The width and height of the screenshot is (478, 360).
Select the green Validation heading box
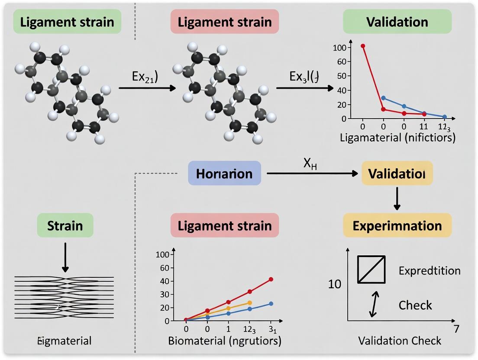coord(397,22)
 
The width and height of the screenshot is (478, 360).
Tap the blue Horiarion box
coord(224,174)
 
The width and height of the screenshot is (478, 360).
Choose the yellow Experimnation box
coord(397,225)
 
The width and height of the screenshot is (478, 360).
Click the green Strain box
coord(65,225)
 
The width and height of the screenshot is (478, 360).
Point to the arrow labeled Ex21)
coord(147,88)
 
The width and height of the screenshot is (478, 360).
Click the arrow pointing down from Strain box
coord(65,257)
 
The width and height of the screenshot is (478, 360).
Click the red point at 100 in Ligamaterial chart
coord(363,46)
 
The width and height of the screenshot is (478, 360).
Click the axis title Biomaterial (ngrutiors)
coord(225,341)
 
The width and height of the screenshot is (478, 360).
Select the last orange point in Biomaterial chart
coord(249,303)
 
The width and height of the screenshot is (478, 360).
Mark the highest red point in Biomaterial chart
coord(271,279)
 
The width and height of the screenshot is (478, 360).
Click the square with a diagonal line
coord(371,269)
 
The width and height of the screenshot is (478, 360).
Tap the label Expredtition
coord(429,271)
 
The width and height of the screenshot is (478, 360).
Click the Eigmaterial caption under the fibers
coord(65,341)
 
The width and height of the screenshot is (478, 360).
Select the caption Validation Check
coord(400,341)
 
